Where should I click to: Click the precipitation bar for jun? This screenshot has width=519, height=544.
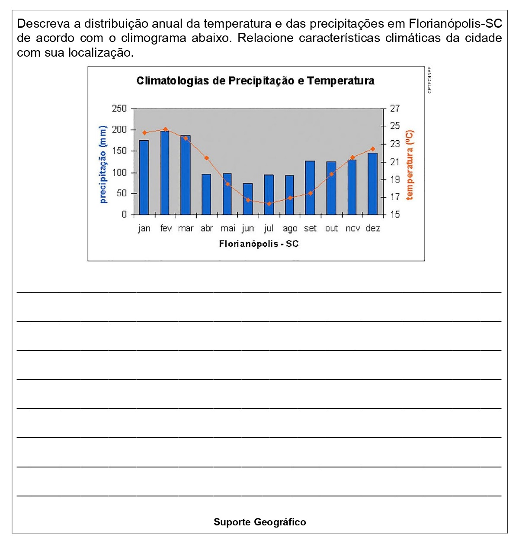point(248,199)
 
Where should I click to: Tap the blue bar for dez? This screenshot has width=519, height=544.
point(372,184)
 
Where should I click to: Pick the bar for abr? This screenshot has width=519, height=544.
point(206,195)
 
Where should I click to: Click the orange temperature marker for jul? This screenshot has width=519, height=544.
point(269,204)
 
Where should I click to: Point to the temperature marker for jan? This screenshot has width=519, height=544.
point(144,133)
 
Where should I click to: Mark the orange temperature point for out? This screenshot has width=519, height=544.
point(332,174)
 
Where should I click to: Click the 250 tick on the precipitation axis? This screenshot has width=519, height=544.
point(119,109)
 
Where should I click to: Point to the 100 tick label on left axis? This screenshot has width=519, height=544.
point(119,173)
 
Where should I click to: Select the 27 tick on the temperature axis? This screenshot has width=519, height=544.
point(395,109)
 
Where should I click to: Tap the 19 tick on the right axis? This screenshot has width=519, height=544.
point(395,179)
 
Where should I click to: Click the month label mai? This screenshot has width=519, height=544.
point(227,228)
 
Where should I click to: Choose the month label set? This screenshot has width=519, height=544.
point(310,228)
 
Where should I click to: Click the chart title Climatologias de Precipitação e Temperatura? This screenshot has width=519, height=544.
point(255,81)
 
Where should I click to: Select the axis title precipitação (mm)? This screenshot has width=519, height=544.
point(103,164)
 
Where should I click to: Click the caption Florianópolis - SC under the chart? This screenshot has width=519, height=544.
point(259,244)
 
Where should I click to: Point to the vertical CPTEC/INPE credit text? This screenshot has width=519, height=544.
point(429,80)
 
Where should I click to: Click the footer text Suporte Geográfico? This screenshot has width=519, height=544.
point(259,522)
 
